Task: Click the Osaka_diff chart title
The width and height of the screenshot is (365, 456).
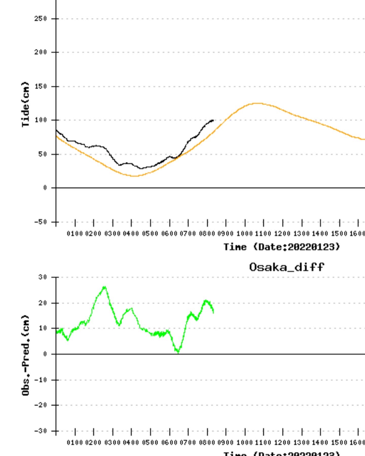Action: coord(286,267)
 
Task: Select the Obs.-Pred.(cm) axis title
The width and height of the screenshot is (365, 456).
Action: coord(26,355)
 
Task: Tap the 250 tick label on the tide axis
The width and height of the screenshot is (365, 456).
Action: coord(40,19)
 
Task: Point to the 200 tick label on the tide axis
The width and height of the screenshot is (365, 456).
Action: coord(40,53)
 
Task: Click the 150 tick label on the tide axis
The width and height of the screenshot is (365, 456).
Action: coord(40,86)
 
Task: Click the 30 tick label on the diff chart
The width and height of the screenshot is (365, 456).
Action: coord(42,277)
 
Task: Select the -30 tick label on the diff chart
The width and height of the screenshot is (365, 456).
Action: coord(41,431)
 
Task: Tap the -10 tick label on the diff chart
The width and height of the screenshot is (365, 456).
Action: coord(41,380)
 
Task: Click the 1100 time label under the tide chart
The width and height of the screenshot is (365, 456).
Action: coord(263,233)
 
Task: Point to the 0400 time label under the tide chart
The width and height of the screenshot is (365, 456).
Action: coord(131,233)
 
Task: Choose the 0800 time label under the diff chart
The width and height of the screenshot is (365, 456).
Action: coord(207,442)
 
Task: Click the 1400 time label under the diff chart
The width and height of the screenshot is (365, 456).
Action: coord(320,442)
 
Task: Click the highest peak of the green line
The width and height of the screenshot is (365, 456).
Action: coord(104,287)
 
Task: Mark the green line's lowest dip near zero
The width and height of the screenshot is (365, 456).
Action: coord(178,352)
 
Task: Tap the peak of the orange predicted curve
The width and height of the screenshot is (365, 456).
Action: coord(258,103)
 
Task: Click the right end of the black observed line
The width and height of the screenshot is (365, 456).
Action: coord(213,120)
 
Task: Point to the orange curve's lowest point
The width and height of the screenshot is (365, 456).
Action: coord(134,176)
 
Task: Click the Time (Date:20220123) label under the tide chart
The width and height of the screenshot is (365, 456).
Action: coord(282,247)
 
